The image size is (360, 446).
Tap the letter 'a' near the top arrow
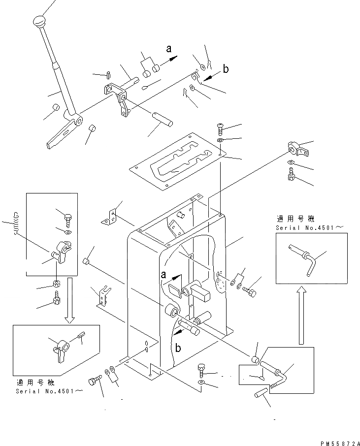coord(169,48)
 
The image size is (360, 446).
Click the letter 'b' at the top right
coord(226,69)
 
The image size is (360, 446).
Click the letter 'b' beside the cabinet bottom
coord(178,348)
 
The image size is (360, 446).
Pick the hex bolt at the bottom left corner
coord(93,382)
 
